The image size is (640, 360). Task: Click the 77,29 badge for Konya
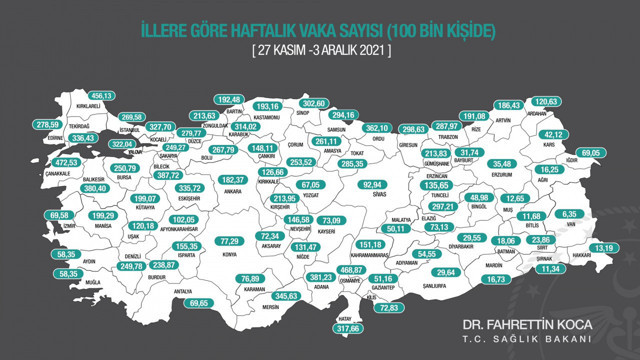pos(230,241)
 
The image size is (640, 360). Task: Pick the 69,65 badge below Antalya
pos(202,302)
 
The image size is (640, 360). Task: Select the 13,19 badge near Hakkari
pos(607,247)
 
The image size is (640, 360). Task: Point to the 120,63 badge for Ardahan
pos(572,102)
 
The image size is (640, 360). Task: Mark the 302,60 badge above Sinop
pos(314,103)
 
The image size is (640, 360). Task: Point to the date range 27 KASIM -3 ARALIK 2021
pos(319,49)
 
